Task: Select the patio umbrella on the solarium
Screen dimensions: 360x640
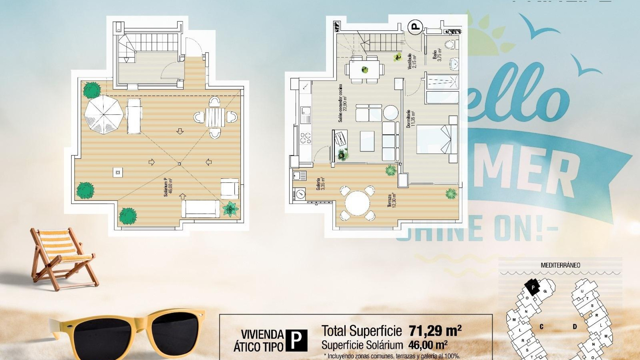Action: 104,114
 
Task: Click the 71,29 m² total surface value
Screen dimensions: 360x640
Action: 435,331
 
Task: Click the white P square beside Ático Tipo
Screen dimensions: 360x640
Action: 296,340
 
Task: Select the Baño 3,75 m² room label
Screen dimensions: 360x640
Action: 437,55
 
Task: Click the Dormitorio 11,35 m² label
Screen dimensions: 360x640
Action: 411,119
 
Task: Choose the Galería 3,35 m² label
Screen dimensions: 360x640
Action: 321,184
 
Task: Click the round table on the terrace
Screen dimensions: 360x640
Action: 357,203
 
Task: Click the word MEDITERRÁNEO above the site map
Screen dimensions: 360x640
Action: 560,265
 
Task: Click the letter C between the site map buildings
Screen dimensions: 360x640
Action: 541,327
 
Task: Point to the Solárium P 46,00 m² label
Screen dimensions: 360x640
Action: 168,187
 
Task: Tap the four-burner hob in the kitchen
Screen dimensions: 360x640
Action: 306,138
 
